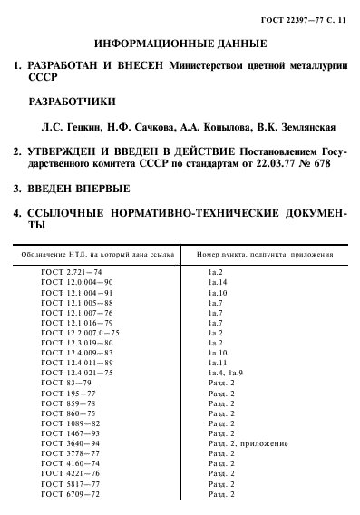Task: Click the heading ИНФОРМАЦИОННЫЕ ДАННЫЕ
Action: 180,43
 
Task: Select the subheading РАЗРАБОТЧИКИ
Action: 72,102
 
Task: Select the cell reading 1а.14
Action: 219,283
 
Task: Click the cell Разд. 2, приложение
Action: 248,443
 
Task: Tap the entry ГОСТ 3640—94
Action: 71,443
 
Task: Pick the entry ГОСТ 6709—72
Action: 71,494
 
